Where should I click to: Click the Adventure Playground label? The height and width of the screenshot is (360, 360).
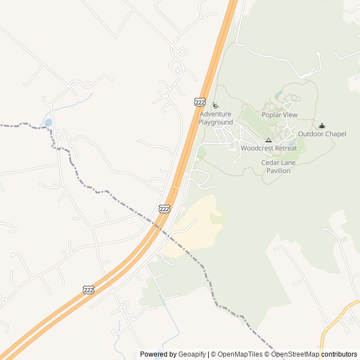pos(215,118)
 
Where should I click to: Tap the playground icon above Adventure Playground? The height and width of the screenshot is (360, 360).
pos(215,105)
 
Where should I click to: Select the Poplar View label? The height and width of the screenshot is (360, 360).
pos(280,115)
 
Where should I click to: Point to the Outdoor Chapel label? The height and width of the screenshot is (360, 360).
pos(322,134)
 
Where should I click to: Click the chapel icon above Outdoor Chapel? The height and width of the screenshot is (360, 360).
pos(322,125)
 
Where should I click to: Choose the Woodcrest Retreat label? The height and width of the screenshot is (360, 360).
pos(269,148)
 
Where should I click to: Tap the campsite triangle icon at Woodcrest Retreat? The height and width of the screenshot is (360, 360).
pos(268,140)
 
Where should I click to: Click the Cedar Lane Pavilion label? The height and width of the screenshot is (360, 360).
pos(278,166)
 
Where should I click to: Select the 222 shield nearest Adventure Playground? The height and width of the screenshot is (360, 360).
pos(200,101)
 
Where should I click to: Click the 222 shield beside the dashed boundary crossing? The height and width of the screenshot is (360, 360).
pos(164,209)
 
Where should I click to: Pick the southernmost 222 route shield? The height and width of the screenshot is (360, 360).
pos(88,290)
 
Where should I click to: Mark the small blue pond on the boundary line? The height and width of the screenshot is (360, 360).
pos(48,122)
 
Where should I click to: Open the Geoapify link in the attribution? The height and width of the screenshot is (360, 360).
pos(192,354)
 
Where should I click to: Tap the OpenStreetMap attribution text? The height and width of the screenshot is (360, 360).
pos(296,354)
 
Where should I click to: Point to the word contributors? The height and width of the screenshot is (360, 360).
pos(339,354)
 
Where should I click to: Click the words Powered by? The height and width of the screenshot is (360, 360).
pos(158,354)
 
